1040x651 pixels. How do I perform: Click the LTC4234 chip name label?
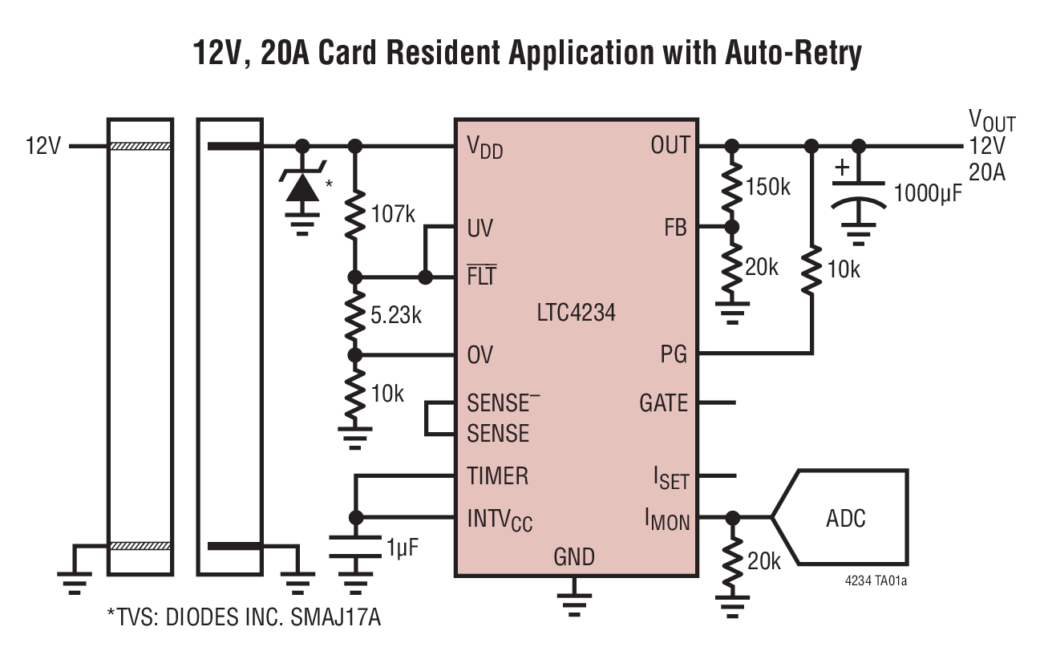(576, 312)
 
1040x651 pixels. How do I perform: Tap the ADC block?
(846, 518)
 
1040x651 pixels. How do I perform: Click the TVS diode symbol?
(302, 187)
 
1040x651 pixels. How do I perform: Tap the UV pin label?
(480, 229)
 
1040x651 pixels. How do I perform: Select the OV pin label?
(480, 354)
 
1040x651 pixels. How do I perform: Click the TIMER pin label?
(497, 475)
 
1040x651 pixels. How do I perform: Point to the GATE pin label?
(663, 402)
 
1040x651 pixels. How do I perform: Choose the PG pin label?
(674, 354)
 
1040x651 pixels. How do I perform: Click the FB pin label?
(675, 228)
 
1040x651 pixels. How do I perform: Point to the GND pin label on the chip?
(574, 556)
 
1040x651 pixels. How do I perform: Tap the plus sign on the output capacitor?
(841, 169)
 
